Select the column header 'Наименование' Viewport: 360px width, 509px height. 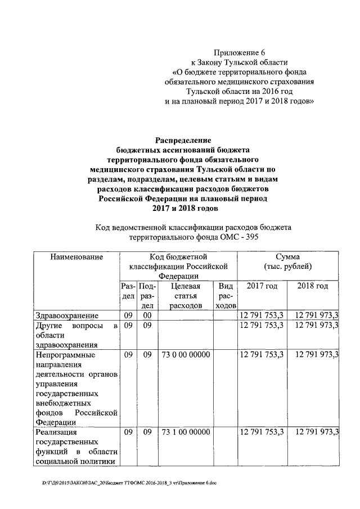76,257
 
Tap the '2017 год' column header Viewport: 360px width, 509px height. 262,286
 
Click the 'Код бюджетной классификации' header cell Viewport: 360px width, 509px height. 178,267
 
